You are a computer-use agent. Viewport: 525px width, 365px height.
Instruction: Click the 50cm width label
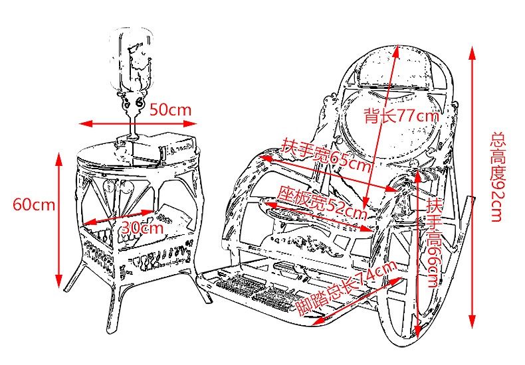point(171,110)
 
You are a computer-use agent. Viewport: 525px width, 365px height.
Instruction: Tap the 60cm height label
point(34,204)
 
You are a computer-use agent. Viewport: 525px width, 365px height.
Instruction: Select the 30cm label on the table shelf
point(142,227)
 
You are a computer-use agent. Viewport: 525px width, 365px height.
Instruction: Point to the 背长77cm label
point(401,115)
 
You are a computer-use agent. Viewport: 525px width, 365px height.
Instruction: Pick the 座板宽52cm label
point(322,202)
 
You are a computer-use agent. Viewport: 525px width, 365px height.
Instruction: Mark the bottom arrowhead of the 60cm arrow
point(59,277)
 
